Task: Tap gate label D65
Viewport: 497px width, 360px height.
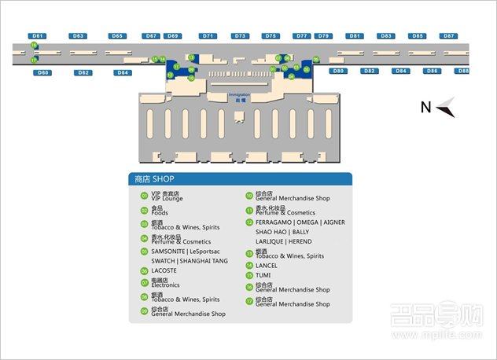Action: tap(117, 36)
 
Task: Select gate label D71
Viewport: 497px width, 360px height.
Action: tap(208, 36)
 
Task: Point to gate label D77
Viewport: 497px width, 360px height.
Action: tap(302, 36)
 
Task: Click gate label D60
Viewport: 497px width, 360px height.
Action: tap(43, 72)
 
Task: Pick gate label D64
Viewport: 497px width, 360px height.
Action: tap(122, 72)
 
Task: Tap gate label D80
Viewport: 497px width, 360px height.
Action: tap(338, 71)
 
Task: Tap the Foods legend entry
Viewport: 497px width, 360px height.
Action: tap(160, 211)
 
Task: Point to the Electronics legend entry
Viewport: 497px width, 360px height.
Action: tap(168, 284)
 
